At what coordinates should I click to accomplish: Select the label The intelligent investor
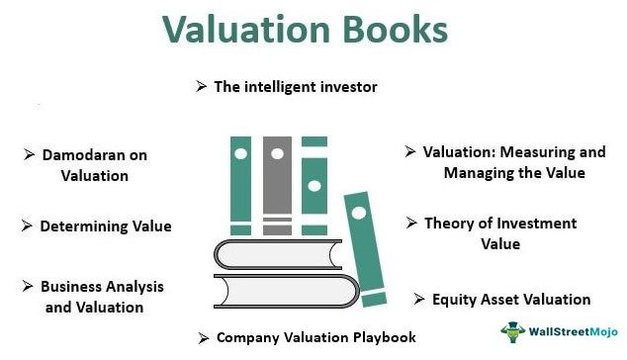[x=295, y=86]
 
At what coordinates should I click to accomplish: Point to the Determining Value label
[x=105, y=226]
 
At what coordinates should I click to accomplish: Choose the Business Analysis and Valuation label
[x=100, y=297]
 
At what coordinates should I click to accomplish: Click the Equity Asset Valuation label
[x=511, y=299]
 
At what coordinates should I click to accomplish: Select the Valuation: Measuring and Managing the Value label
[x=513, y=162]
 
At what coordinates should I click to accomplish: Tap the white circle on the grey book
[x=278, y=153]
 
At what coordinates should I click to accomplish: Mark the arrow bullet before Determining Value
[x=27, y=226]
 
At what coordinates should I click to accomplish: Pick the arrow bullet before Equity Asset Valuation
[x=420, y=299]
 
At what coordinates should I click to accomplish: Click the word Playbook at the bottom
[x=383, y=337]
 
